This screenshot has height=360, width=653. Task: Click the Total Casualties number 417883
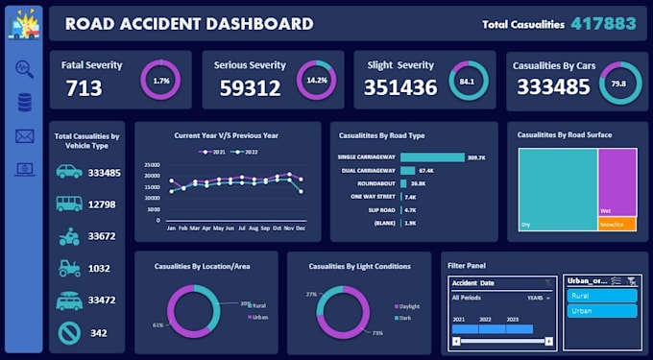(603, 24)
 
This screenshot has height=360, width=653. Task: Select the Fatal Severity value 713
(78, 89)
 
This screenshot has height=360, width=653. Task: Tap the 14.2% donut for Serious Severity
(315, 80)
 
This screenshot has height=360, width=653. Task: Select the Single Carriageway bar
(432, 156)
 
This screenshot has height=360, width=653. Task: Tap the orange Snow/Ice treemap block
(617, 224)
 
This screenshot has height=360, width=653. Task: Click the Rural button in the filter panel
(600, 297)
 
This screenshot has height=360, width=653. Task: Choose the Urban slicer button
(600, 311)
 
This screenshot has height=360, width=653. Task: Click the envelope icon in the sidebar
(25, 135)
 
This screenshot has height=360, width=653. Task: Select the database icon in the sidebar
(25, 102)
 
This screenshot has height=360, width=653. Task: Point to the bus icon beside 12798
(68, 204)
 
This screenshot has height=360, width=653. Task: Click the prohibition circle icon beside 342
(68, 332)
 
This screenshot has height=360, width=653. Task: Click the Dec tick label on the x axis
(302, 228)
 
